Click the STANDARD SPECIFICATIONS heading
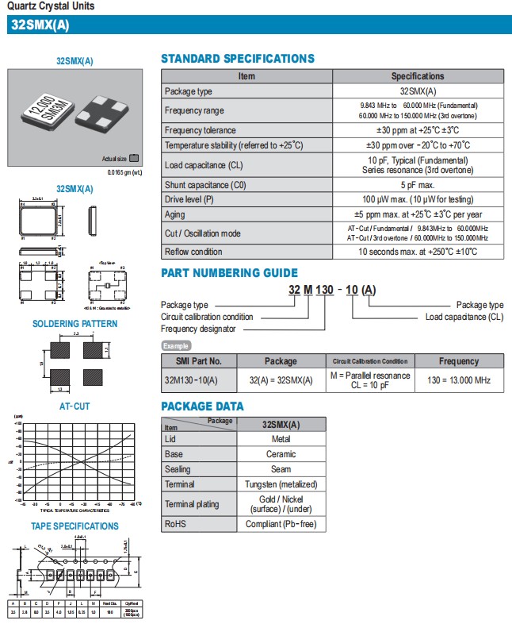(238, 59)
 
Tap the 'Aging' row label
(176, 214)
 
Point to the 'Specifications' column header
(417, 76)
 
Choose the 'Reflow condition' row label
(193, 252)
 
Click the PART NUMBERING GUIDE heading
(230, 273)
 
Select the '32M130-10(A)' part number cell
(190, 380)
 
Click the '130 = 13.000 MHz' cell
(459, 380)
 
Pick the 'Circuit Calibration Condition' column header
(370, 361)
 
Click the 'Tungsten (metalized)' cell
(281, 484)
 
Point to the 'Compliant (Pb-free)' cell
(281, 524)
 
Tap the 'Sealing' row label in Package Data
(178, 469)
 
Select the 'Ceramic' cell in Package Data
(281, 454)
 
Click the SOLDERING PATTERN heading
(75, 324)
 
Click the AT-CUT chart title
(75, 406)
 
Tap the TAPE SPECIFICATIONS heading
(75, 526)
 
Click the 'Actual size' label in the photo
(114, 158)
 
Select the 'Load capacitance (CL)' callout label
(464, 317)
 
